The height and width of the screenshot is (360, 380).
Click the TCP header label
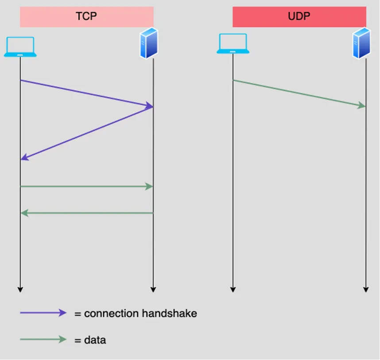[86, 16]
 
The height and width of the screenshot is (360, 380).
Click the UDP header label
[299, 16]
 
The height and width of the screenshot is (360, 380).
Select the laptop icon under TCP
[20, 47]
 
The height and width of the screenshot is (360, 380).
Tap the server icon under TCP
[149, 43]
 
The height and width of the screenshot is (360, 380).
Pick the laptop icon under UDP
[233, 43]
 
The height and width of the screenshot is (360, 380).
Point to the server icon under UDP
[361, 43]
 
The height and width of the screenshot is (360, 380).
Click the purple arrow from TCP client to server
[86, 93]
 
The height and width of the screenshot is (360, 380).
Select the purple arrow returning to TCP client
[86, 133]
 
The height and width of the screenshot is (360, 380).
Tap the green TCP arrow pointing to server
[86, 186]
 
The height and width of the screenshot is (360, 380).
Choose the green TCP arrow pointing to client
[86, 213]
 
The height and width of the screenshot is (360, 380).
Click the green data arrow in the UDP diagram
[299, 93]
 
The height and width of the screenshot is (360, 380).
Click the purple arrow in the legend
[43, 313]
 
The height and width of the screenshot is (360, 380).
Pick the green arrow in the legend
[43, 339]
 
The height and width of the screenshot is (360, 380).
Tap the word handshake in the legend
[169, 313]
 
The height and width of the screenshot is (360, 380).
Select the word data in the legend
[95, 340]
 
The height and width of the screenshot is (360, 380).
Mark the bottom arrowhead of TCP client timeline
[20, 290]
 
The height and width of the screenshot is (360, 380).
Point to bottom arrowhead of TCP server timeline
[153, 290]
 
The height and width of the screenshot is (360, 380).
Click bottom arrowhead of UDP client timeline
[233, 290]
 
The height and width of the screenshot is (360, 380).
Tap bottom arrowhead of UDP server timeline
[366, 290]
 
